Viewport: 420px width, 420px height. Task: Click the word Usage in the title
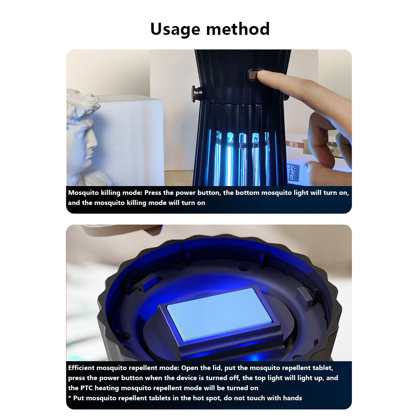coord(175,29)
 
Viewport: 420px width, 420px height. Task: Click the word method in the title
coord(238,29)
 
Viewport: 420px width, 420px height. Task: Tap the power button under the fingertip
coord(252,75)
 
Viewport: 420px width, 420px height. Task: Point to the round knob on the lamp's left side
coord(196,94)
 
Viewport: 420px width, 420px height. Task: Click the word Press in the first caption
coord(153,193)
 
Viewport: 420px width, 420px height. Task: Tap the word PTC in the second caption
coord(87,388)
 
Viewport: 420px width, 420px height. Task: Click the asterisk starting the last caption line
coord(70,397)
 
